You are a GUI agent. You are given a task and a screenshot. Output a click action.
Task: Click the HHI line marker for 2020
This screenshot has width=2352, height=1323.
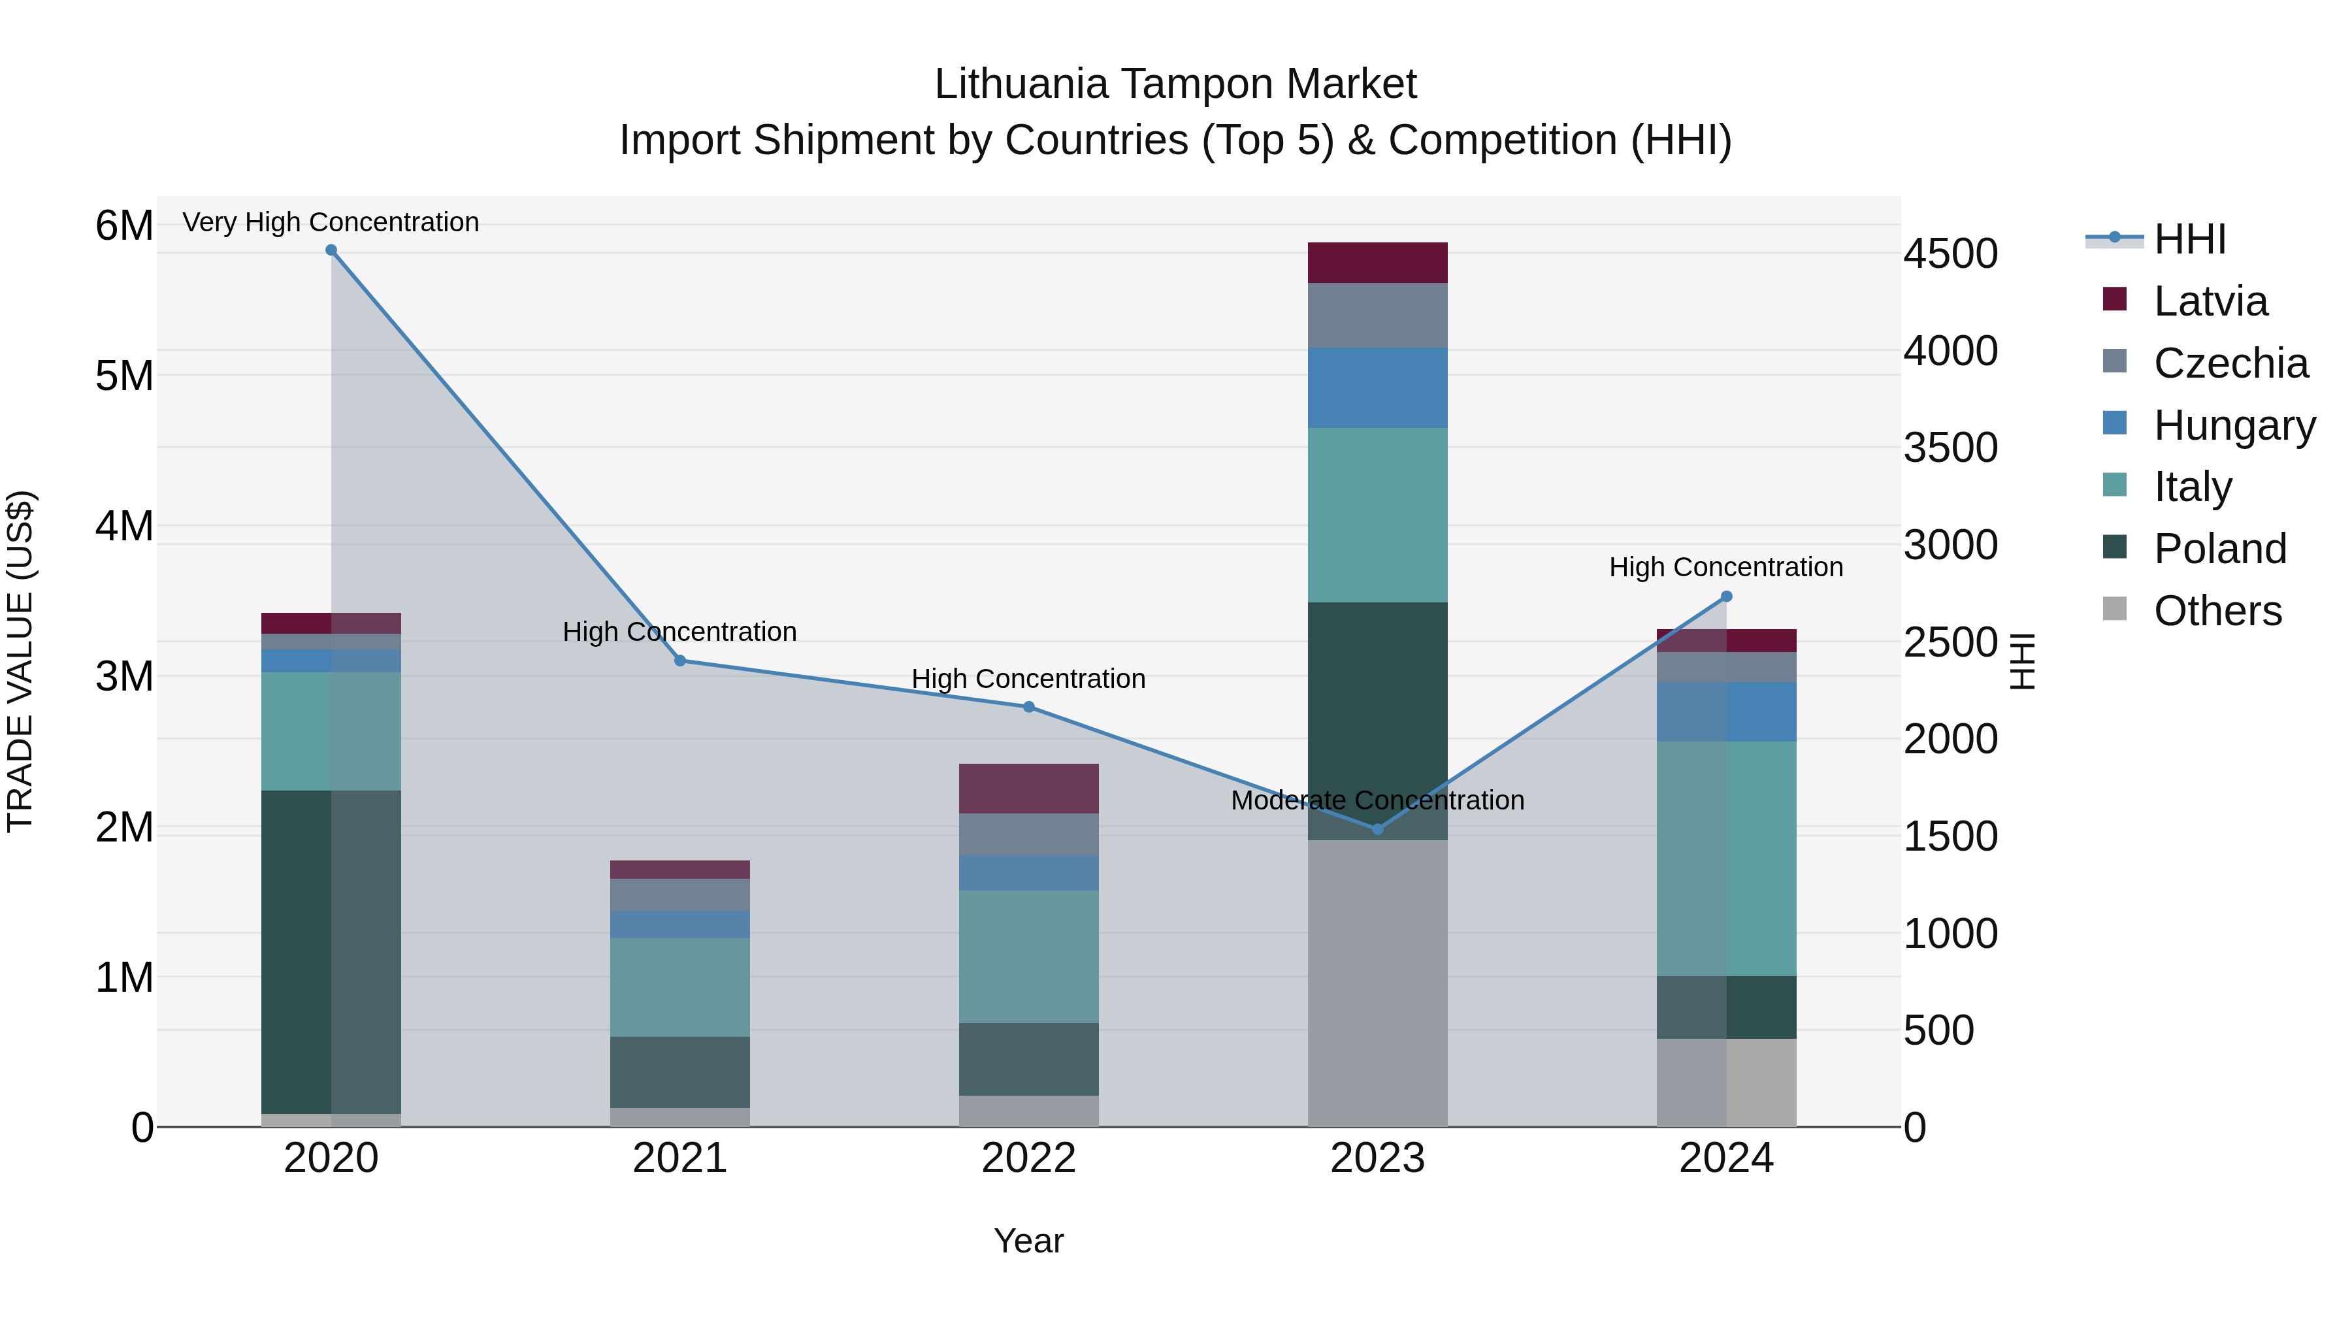[x=331, y=250]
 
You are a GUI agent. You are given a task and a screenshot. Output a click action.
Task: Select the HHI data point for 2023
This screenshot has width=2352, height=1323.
[x=1378, y=829]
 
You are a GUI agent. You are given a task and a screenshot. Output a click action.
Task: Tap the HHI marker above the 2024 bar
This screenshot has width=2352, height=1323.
[x=1727, y=596]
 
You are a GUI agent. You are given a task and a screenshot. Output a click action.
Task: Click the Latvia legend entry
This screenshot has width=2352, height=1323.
[x=2210, y=301]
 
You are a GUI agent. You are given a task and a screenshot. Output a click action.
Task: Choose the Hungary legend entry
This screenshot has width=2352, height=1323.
[x=2233, y=425]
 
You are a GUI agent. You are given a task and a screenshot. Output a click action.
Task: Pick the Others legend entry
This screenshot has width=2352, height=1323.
[x=2217, y=611]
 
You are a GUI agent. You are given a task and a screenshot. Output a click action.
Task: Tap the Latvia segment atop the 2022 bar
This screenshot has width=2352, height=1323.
[x=1028, y=788]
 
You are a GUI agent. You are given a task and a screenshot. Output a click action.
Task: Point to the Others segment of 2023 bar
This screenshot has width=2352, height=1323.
[x=1378, y=986]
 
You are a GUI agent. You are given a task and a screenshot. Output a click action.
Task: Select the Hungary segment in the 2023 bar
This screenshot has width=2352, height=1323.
[x=1378, y=387]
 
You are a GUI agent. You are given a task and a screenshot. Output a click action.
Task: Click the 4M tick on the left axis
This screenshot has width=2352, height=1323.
[x=124, y=526]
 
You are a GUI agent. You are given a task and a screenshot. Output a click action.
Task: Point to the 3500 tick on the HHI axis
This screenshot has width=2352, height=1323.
[x=1950, y=448]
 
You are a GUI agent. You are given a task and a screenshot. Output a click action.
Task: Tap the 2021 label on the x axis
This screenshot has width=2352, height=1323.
[x=679, y=1158]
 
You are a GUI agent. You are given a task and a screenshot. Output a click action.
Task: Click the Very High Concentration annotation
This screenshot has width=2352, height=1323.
[x=331, y=222]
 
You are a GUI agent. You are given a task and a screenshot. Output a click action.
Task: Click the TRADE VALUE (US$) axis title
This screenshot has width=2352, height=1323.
[x=20, y=661]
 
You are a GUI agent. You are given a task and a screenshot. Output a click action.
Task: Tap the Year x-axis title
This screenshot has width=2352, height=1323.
[x=1028, y=1241]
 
